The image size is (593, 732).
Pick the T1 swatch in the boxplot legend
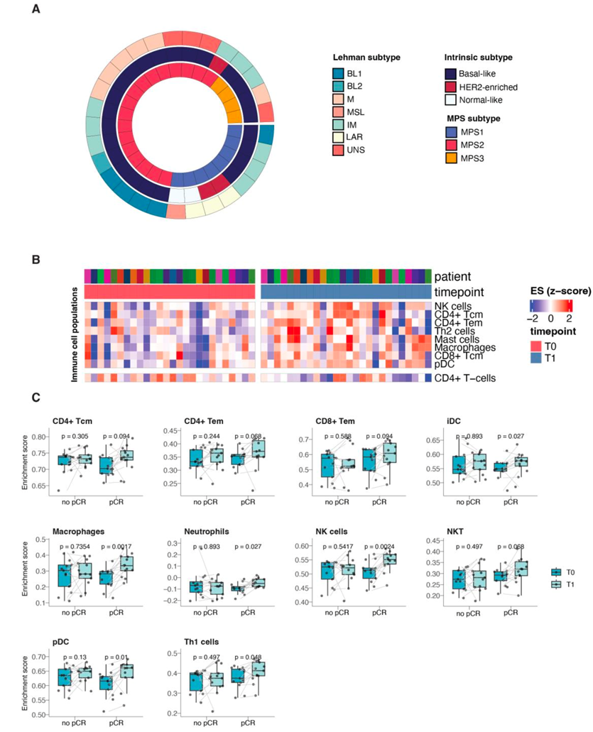pos(557,584)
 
